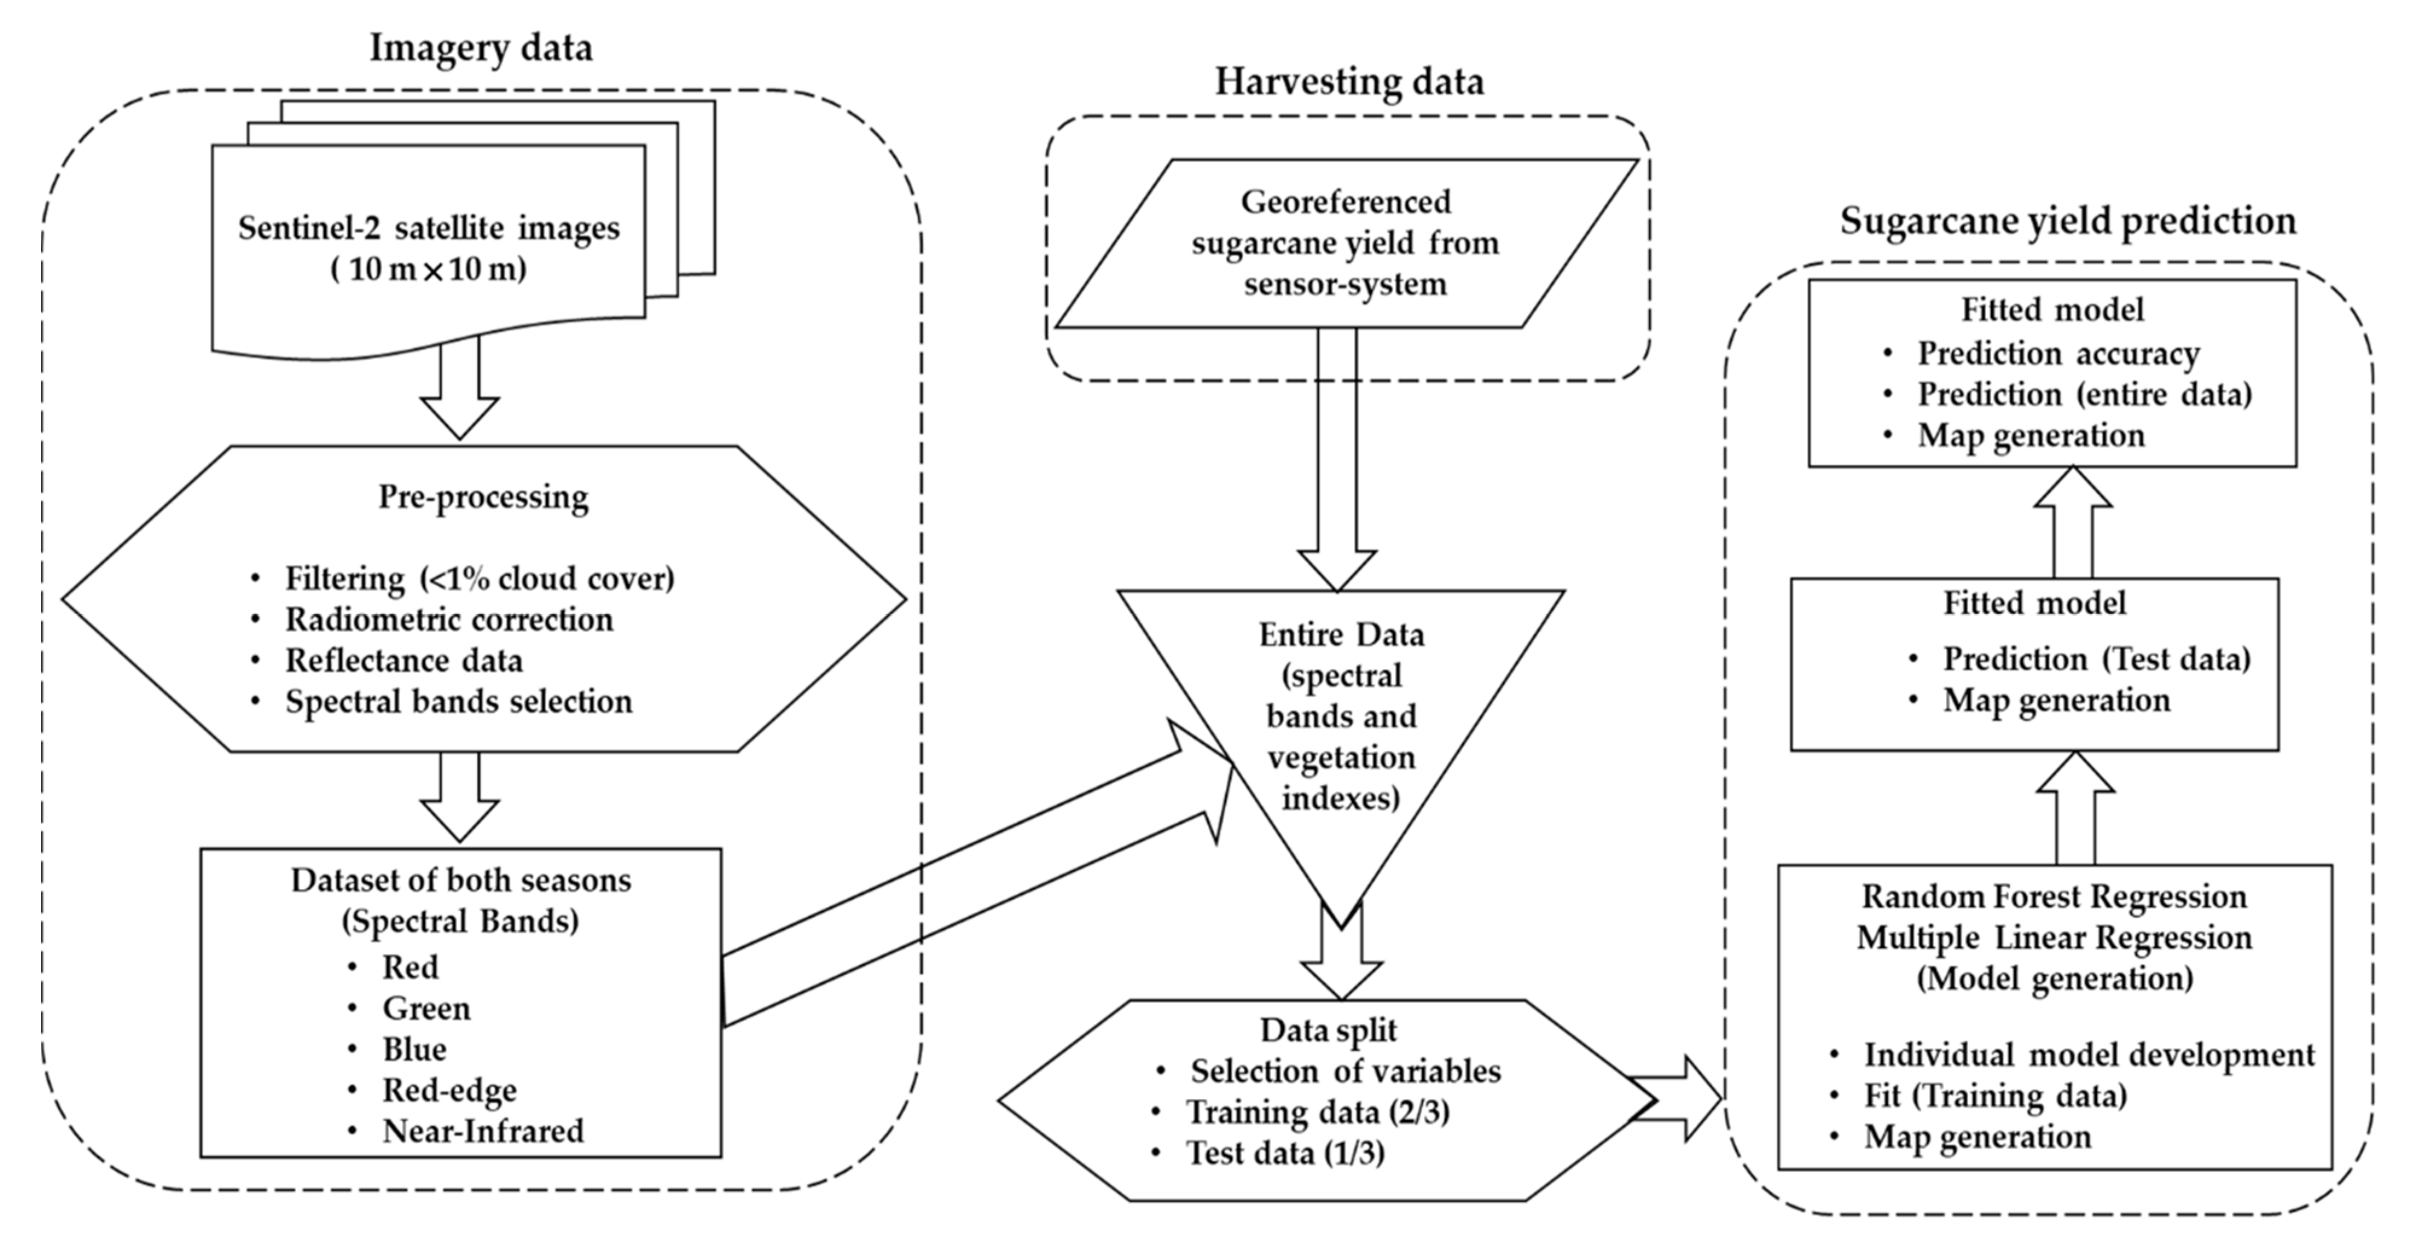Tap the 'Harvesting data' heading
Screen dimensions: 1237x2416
(x=1349, y=82)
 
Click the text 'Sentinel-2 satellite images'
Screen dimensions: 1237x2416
(x=429, y=228)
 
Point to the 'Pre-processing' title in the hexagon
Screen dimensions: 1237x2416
(x=483, y=496)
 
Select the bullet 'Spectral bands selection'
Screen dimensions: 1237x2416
(x=458, y=701)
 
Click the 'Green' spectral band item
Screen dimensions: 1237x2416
(x=426, y=1008)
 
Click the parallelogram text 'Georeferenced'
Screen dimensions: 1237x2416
(x=1345, y=202)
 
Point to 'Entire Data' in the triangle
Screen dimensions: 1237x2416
(x=1341, y=635)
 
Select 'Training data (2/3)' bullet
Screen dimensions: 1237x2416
(x=1318, y=1112)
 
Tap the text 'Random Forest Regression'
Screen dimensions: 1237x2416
(x=2054, y=896)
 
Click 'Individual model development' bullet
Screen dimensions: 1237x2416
(x=2089, y=1055)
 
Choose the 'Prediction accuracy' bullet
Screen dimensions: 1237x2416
(x=2058, y=353)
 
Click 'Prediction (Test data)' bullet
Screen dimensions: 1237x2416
(x=2095, y=660)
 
